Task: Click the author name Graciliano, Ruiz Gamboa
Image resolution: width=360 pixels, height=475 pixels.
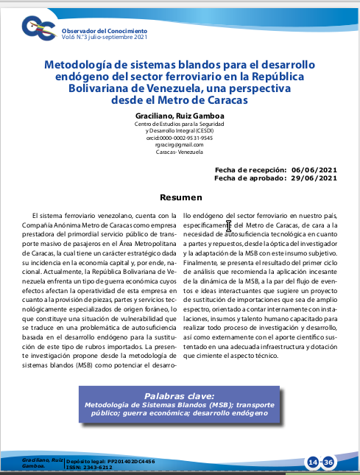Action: [180, 116]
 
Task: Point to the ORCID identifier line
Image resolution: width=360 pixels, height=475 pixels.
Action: [180, 137]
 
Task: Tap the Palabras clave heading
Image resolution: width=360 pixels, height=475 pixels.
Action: [180, 395]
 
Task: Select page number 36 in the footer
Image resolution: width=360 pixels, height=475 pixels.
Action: [329, 462]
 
